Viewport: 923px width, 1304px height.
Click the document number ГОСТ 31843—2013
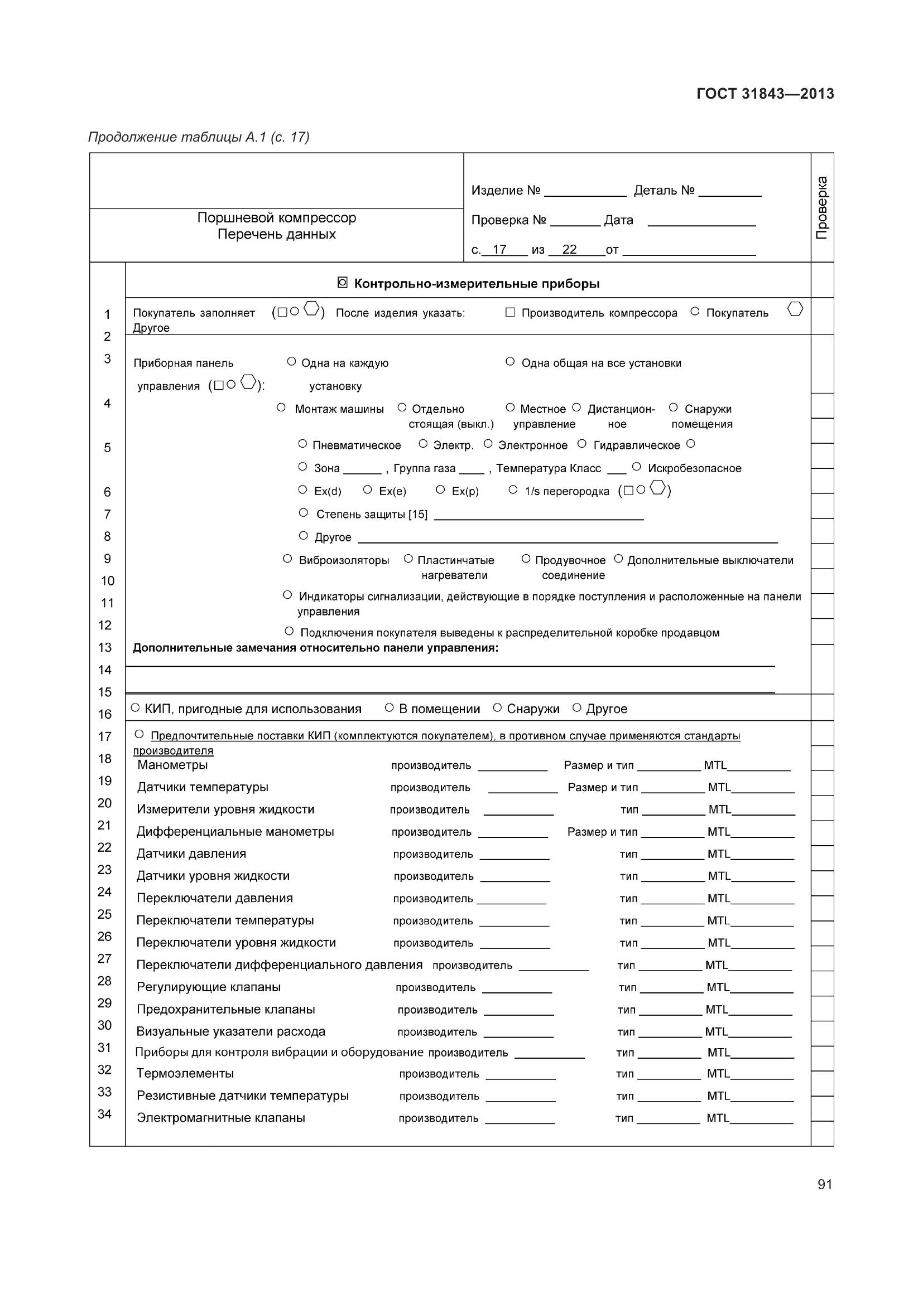765,94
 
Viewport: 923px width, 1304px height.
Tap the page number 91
825,1184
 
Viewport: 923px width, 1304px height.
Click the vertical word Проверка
822,208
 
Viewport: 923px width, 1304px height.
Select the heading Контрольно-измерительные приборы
476,283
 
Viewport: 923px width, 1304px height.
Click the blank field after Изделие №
585,191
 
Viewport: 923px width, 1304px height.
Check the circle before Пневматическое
302,444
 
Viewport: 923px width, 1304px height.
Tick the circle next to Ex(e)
367,489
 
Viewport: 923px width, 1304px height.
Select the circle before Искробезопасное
637,467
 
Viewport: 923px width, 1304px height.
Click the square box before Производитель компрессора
510,312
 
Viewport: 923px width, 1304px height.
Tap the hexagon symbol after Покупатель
795,309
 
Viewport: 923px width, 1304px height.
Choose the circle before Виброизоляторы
287,559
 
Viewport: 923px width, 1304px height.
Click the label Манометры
172,765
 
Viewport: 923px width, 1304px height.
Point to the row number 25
104,914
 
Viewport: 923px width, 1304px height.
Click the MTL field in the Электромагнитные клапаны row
762,1118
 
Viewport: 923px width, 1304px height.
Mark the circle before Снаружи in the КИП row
497,707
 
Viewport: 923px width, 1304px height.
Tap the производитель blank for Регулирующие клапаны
517,988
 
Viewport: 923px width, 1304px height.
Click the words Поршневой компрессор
276,217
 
